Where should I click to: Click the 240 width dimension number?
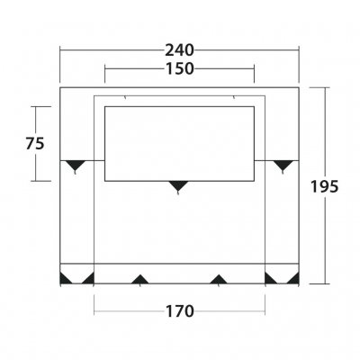180,50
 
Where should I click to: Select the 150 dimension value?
180,69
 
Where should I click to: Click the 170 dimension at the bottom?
179,312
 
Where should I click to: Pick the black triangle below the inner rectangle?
179,186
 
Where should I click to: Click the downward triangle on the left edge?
73,166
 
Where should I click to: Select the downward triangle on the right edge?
284,166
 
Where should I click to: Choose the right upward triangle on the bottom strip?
218,279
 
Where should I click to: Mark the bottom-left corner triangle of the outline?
65,276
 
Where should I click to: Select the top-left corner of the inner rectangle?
105,105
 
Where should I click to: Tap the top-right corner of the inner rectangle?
254,105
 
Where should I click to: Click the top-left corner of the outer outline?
59,86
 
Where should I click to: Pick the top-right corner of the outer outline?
299,86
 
